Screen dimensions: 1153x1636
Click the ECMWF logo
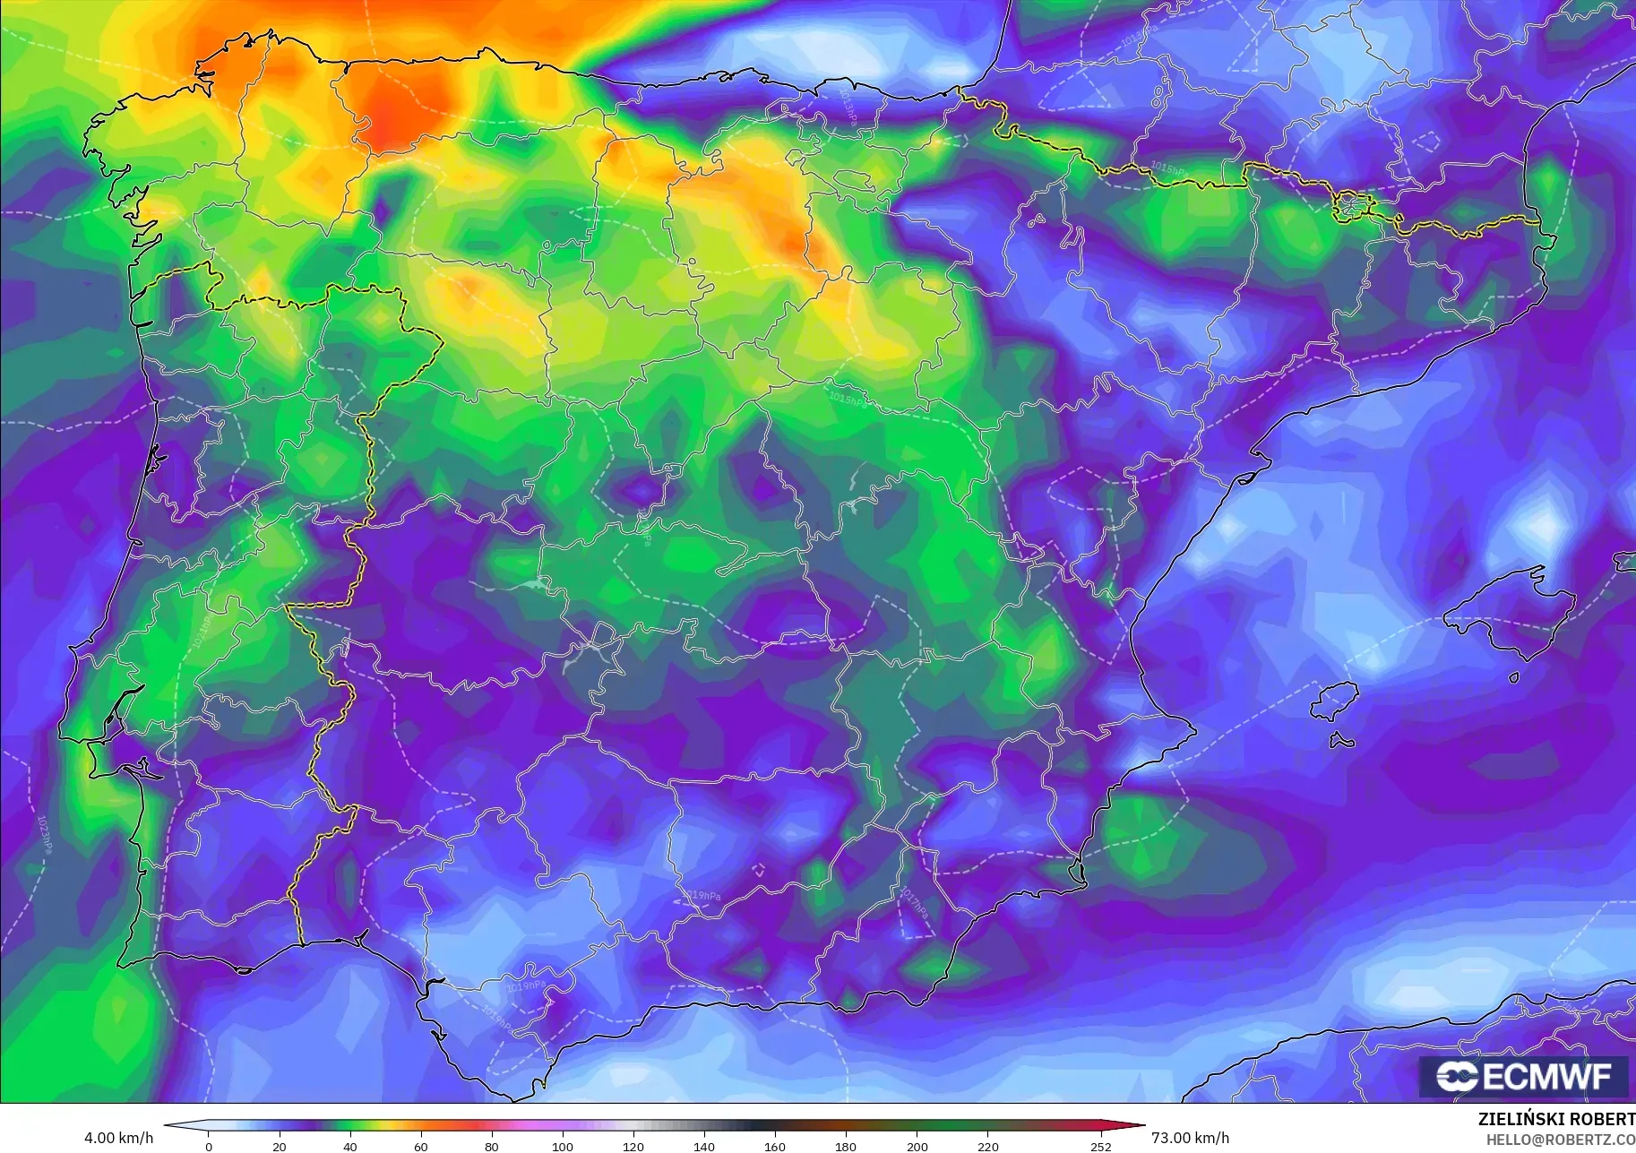pos(1523,1076)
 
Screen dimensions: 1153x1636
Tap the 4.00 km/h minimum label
pos(118,1138)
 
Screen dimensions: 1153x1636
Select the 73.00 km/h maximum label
pos(1190,1138)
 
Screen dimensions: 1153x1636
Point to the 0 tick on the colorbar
pos(209,1146)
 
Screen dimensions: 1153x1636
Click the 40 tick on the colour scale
pos(350,1146)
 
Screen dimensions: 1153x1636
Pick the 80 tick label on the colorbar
pos(492,1146)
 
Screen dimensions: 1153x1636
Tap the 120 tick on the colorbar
pos(633,1146)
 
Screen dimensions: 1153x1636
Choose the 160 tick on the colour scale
pos(775,1146)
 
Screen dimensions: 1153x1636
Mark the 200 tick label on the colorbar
pos(917,1146)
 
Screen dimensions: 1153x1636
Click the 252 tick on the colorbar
pos(1101,1146)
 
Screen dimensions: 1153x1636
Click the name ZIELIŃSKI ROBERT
pos(1555,1119)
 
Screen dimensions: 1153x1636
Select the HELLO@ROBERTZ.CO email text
pos(1560,1140)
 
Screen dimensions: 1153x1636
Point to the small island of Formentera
pos(1341,741)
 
